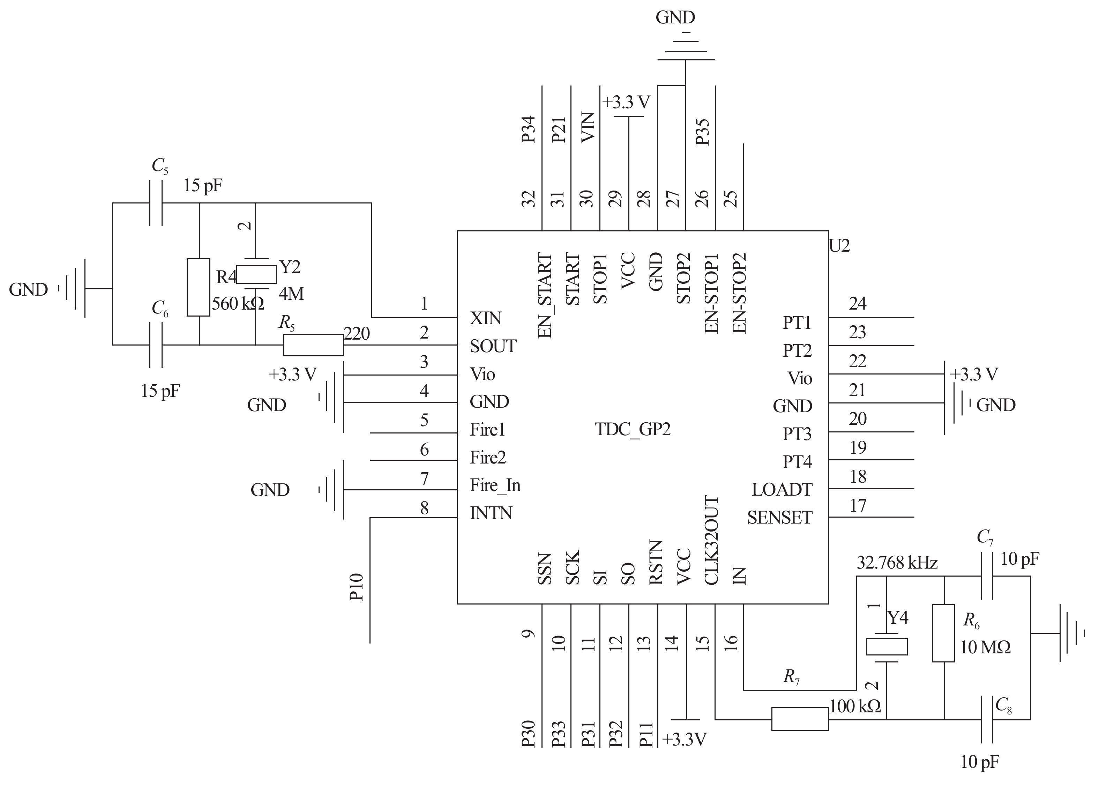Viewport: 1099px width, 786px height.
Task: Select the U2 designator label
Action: pos(839,246)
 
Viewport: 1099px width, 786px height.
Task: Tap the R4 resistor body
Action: pos(198,288)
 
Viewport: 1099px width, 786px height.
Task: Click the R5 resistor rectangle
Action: pos(313,345)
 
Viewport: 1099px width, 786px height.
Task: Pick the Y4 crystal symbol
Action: pos(887,647)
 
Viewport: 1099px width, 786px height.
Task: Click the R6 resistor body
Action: pos(944,633)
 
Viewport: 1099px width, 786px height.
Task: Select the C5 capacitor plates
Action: pos(156,203)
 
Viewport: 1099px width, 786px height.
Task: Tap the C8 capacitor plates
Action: pos(987,719)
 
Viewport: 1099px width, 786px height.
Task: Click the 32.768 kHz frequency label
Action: pos(897,563)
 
